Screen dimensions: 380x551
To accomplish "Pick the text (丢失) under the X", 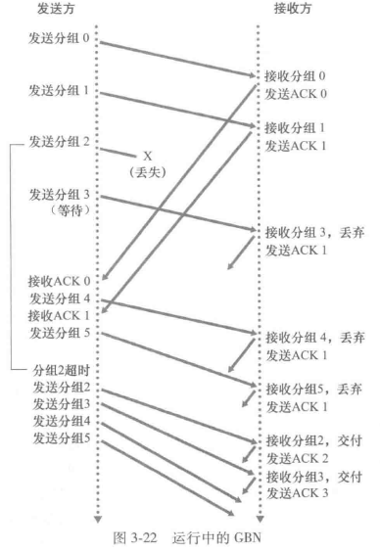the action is [x=150, y=170].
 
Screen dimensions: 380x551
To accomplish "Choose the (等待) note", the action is [x=60, y=208].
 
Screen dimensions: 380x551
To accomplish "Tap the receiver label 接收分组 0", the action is [x=299, y=75].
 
